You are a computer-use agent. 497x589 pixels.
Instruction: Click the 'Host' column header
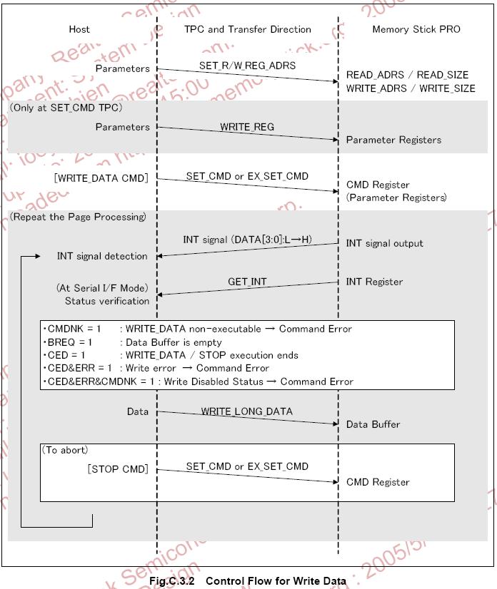tap(79, 29)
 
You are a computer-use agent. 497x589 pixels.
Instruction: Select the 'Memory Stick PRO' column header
tap(416, 29)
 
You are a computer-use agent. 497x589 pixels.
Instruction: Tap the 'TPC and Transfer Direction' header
tap(247, 29)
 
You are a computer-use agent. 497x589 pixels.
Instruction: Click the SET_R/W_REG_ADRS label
tap(247, 66)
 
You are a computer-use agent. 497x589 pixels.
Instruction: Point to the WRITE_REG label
tap(247, 126)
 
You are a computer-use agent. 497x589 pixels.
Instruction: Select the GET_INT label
tap(247, 282)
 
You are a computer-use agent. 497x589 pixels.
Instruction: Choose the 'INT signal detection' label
tap(102, 256)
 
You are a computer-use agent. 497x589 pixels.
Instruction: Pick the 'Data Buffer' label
tap(373, 424)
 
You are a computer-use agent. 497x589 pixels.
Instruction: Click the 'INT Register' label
tap(374, 282)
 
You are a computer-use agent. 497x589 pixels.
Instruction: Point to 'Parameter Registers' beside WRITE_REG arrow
tap(393, 140)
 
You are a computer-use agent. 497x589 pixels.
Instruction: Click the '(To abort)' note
tap(66, 450)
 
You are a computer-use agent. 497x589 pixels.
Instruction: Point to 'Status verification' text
tap(107, 301)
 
